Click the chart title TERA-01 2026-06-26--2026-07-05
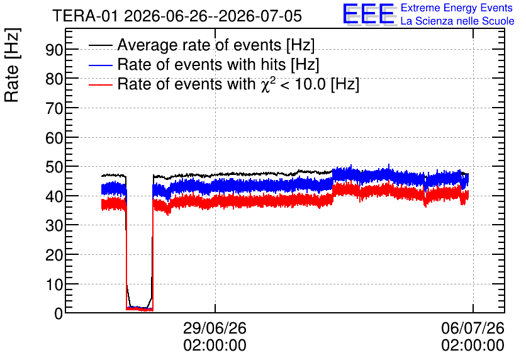(x=177, y=16)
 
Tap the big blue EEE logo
(x=369, y=14)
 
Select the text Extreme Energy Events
(x=457, y=8)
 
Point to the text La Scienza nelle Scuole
(x=457, y=21)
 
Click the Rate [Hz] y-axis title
(x=12, y=65)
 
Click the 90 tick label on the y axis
(x=54, y=50)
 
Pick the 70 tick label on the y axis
(x=54, y=109)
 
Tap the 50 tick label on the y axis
(x=54, y=167)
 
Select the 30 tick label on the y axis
(x=54, y=226)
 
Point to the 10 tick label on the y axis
(x=54, y=285)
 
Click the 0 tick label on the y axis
(x=59, y=313)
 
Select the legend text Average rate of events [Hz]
(x=216, y=45)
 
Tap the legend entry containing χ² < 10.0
(x=238, y=84)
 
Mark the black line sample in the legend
(x=100, y=45)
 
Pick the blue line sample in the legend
(x=100, y=65)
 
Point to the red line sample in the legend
(x=100, y=84)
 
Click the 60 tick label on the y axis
(x=54, y=138)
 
